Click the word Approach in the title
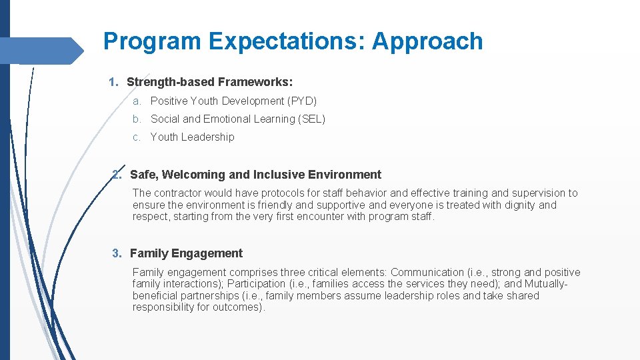pyautogui.click(x=427, y=41)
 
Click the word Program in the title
pyautogui.click(x=153, y=41)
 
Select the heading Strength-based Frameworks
pyautogui.click(x=209, y=82)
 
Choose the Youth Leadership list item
pyautogui.click(x=192, y=137)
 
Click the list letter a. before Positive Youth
pyautogui.click(x=137, y=101)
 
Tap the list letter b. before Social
pyautogui.click(x=137, y=119)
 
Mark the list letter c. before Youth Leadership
pyautogui.click(x=137, y=137)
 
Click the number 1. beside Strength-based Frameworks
pyautogui.click(x=113, y=82)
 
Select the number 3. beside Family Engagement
pyautogui.click(x=117, y=253)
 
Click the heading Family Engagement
pyautogui.click(x=186, y=253)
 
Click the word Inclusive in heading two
pyautogui.click(x=279, y=175)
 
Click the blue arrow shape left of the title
pyautogui.click(x=43, y=51)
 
